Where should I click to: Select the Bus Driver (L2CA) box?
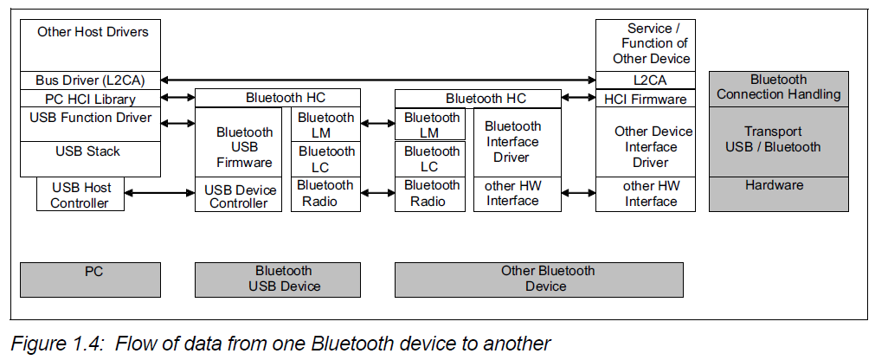[90, 80]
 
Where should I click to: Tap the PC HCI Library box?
[90, 100]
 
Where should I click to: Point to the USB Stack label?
[88, 152]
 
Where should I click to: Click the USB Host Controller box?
[80, 195]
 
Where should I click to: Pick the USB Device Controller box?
[238, 196]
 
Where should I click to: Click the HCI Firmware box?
[646, 100]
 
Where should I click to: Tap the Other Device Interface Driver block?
[646, 147]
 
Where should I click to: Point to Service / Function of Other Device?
[646, 43]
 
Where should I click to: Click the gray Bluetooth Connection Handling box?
[778, 87]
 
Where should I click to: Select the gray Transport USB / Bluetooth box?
[778, 139]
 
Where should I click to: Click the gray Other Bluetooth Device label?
[538, 279]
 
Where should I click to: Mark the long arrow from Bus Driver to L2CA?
[377, 80]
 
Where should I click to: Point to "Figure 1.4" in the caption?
[51, 344]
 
